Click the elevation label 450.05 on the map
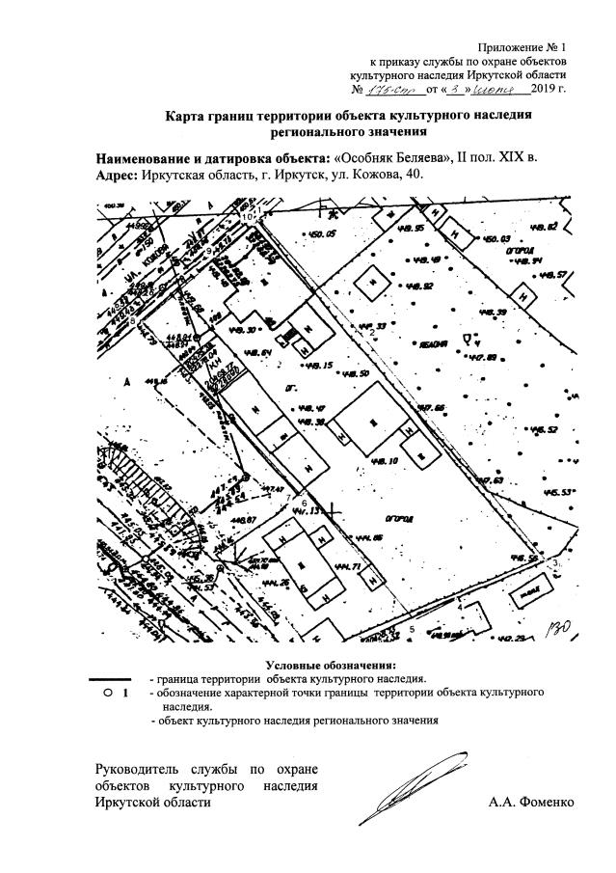click(x=317, y=234)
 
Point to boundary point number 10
click(x=247, y=217)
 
